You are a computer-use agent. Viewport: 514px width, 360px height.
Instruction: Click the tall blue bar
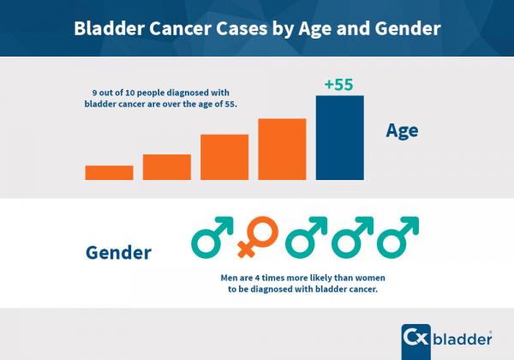(x=340, y=137)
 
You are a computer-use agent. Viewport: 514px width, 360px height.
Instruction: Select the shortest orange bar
(x=109, y=172)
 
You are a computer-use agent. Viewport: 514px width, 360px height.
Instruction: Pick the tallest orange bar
(x=282, y=149)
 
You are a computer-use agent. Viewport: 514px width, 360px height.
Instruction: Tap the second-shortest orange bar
(x=167, y=166)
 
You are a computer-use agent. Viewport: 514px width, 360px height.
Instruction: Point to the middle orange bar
(x=224, y=157)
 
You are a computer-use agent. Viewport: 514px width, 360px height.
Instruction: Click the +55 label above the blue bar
(x=340, y=84)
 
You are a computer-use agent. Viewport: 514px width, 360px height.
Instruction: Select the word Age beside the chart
(x=402, y=131)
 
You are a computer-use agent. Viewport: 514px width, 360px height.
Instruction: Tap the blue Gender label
(x=119, y=253)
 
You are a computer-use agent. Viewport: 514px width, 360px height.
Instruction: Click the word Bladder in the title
(x=109, y=28)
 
